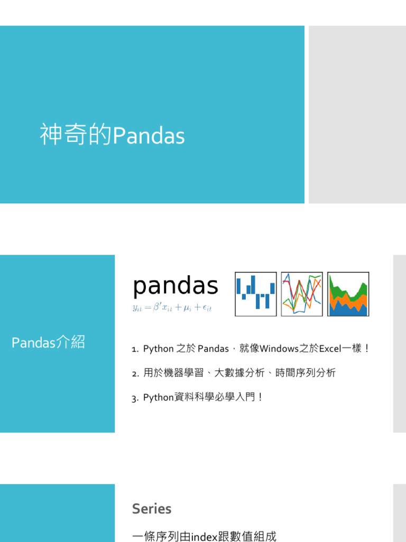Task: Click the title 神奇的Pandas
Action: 112,136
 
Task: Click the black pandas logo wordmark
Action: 176,286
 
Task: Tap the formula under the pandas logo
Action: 172,308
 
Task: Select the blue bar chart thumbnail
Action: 256,294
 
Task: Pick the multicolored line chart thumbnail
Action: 302,294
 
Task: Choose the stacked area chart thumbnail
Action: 348,294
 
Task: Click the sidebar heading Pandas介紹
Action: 48,342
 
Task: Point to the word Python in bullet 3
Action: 158,398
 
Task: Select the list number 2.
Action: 135,374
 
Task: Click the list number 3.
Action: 135,398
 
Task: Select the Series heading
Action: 152,509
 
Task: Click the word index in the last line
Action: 204,536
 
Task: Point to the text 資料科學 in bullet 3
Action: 192,398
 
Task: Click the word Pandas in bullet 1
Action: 213,349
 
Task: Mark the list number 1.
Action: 135,349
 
